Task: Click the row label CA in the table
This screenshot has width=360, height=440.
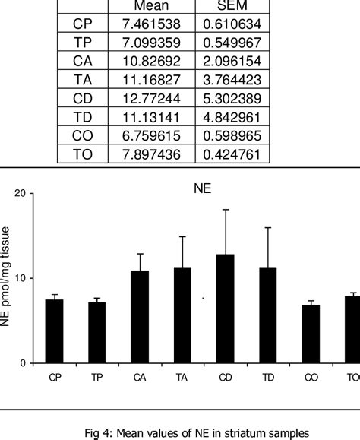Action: pyautogui.click(x=83, y=62)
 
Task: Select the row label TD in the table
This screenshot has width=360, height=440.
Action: pyautogui.click(x=83, y=117)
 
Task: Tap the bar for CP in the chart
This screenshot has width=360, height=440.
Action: pyautogui.click(x=55, y=331)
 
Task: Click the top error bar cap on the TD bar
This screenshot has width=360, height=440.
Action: pyautogui.click(x=267, y=227)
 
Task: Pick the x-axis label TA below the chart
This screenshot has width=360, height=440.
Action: pyautogui.click(x=182, y=376)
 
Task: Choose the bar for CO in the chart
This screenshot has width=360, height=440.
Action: pyautogui.click(x=311, y=334)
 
